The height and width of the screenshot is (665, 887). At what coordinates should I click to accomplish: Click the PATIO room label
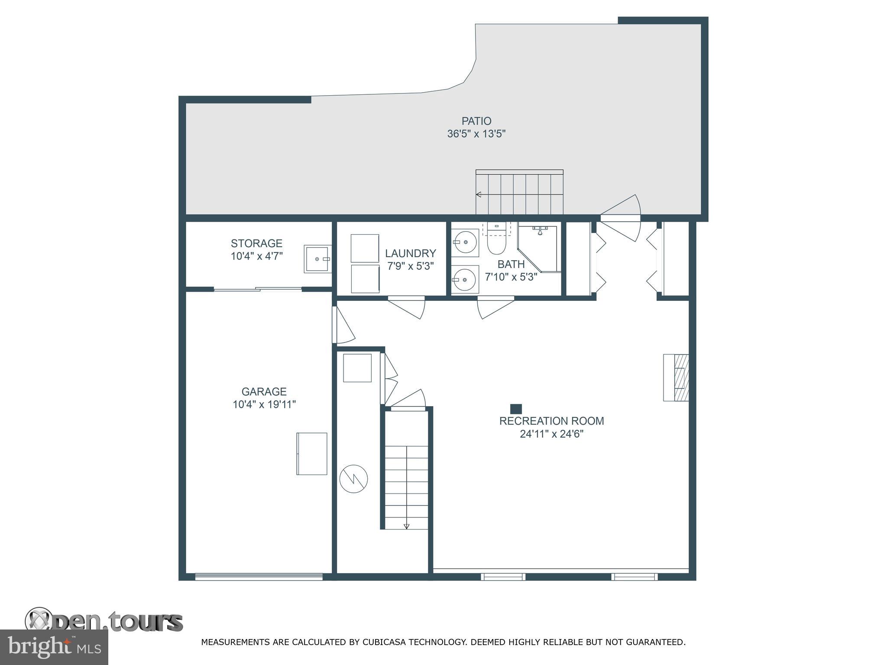pyautogui.click(x=476, y=121)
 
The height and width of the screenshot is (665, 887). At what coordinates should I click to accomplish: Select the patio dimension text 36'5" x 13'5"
pyautogui.click(x=476, y=134)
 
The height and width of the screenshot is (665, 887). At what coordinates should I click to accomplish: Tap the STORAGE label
pyautogui.click(x=256, y=243)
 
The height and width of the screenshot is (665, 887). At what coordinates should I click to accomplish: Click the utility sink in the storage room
pyautogui.click(x=317, y=259)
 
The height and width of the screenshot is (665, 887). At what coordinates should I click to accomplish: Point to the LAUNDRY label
pyautogui.click(x=410, y=253)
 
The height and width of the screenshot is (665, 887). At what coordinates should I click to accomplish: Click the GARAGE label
pyautogui.click(x=264, y=392)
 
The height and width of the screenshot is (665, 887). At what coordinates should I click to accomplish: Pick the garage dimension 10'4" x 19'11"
pyautogui.click(x=264, y=405)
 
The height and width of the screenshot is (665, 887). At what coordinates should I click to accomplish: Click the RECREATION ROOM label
pyautogui.click(x=551, y=421)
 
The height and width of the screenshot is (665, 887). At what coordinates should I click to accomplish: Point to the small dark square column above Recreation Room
pyautogui.click(x=516, y=409)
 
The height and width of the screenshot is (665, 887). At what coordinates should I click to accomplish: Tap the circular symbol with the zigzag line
pyautogui.click(x=353, y=479)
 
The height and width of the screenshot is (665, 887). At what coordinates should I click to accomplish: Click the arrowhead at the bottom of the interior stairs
pyautogui.click(x=406, y=526)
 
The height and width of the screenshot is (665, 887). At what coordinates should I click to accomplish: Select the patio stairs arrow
pyautogui.click(x=479, y=194)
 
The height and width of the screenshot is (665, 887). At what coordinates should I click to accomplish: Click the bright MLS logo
pyautogui.click(x=54, y=647)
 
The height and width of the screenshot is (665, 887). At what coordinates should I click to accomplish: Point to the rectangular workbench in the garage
pyautogui.click(x=312, y=454)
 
